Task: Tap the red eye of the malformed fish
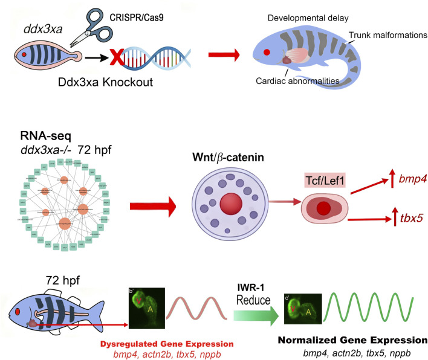[267, 53]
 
